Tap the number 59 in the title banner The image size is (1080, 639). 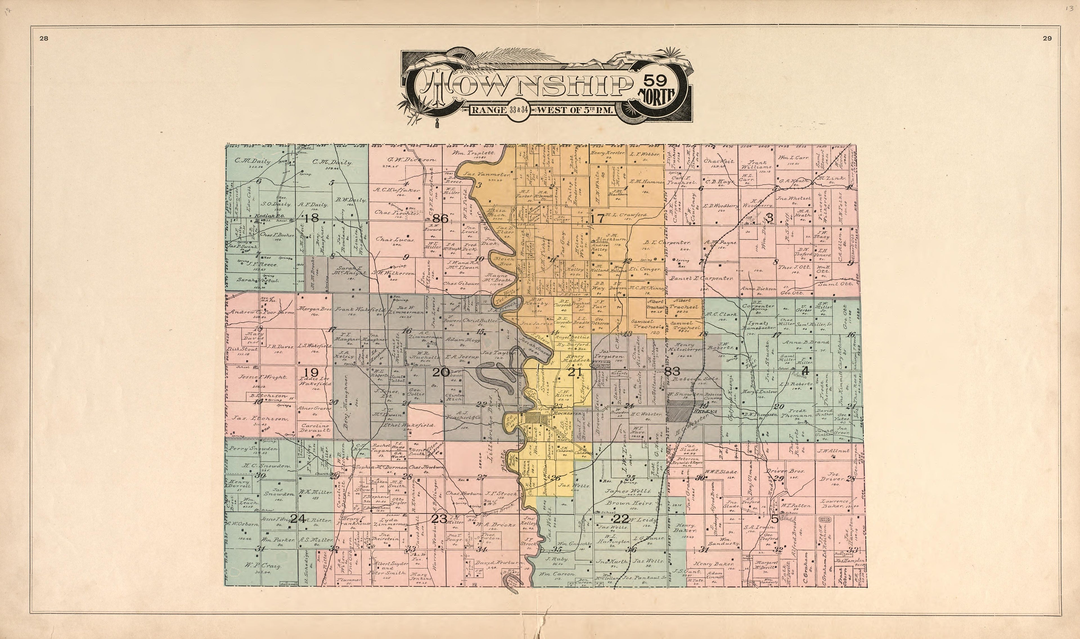click(x=656, y=80)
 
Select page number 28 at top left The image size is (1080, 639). click(x=44, y=38)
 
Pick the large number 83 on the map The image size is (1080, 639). click(x=672, y=371)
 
